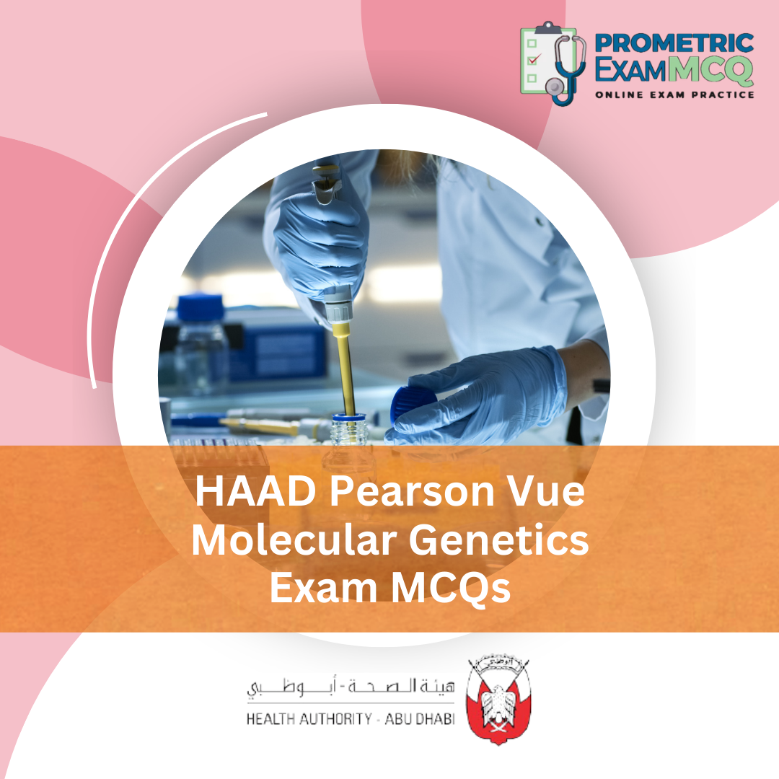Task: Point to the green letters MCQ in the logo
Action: pyautogui.click(x=710, y=70)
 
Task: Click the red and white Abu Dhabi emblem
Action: pyautogui.click(x=497, y=700)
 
